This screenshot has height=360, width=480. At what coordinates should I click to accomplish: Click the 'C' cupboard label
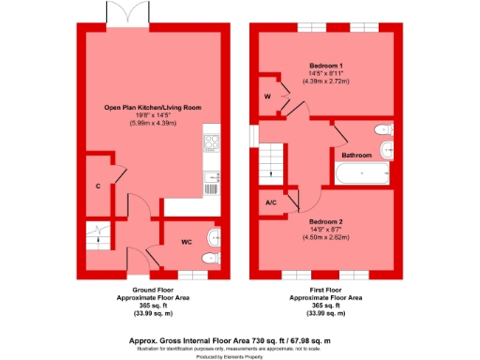click(x=97, y=186)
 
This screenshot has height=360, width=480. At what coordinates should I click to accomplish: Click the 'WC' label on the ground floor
click(x=187, y=241)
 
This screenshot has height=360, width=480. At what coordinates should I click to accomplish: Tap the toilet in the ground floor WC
click(x=213, y=256)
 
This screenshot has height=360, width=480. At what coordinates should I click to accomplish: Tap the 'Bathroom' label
click(x=356, y=155)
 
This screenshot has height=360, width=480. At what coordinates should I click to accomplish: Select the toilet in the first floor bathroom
click(x=382, y=129)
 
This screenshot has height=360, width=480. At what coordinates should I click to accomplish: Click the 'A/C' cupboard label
click(x=271, y=202)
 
